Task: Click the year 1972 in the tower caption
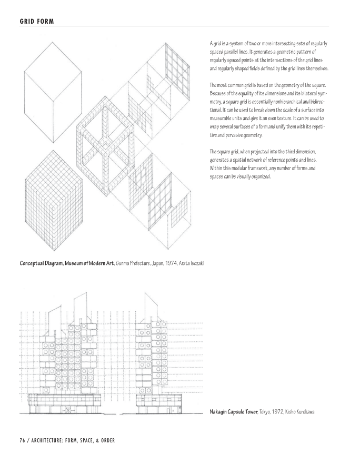276,411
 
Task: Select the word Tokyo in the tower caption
265,411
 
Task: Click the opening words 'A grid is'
218,43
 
